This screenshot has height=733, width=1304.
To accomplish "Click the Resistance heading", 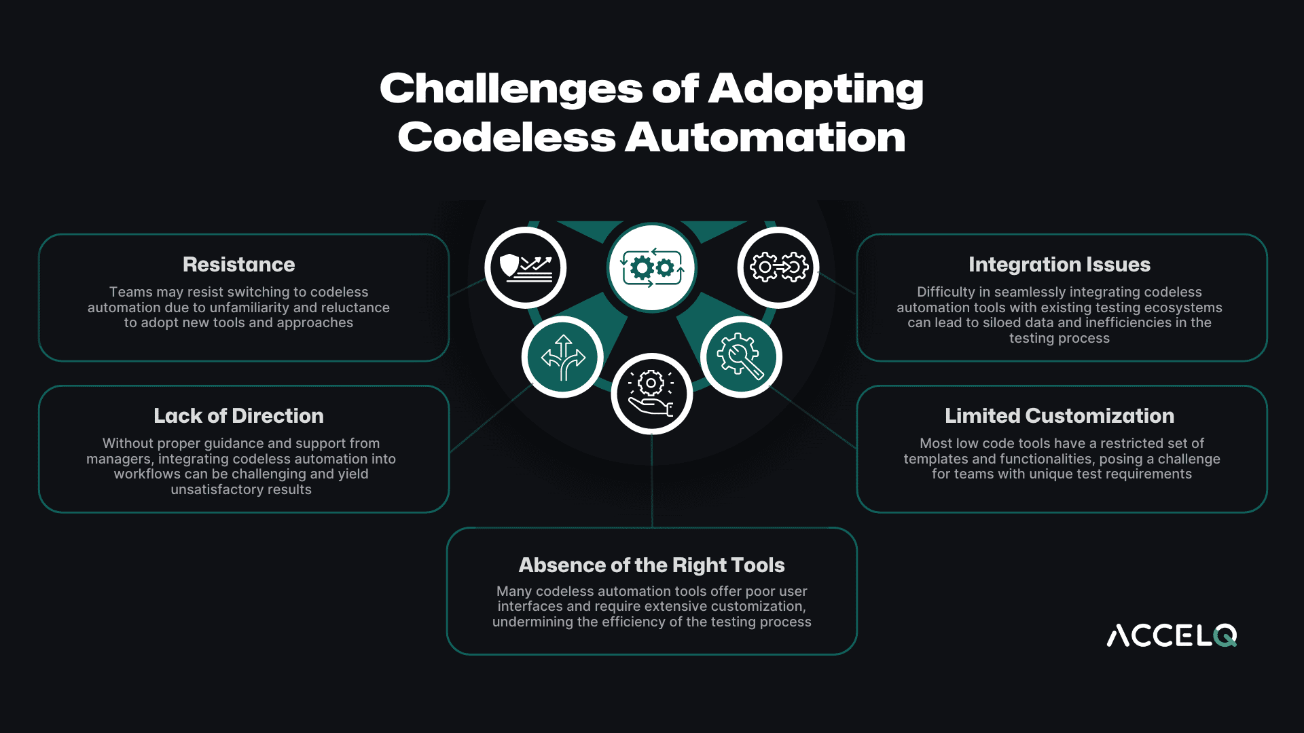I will click(x=238, y=265).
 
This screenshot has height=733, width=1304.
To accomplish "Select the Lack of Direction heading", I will click(x=238, y=416).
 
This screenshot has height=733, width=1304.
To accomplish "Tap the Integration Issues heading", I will click(x=1059, y=265).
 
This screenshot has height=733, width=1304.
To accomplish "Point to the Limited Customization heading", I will click(x=1059, y=416).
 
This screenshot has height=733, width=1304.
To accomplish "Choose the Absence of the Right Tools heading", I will click(x=651, y=565).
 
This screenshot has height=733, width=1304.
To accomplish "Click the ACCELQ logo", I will click(x=1172, y=636).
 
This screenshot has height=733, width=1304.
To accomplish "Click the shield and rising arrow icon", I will click(x=525, y=267).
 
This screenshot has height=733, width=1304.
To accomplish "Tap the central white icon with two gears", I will click(x=651, y=267).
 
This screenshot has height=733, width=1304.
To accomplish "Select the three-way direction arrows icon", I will click(x=562, y=357).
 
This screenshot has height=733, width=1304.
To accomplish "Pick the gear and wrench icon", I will click(x=741, y=357).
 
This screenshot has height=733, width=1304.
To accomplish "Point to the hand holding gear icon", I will click(x=651, y=394).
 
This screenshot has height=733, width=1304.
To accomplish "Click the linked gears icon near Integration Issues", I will click(x=778, y=267).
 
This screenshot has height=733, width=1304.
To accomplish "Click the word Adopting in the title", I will click(x=816, y=89).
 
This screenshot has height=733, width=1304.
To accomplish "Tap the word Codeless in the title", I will click(x=507, y=138).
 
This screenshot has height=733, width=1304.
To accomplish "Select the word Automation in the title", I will click(x=765, y=138).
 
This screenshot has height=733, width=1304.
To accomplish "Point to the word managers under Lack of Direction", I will click(x=118, y=459).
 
